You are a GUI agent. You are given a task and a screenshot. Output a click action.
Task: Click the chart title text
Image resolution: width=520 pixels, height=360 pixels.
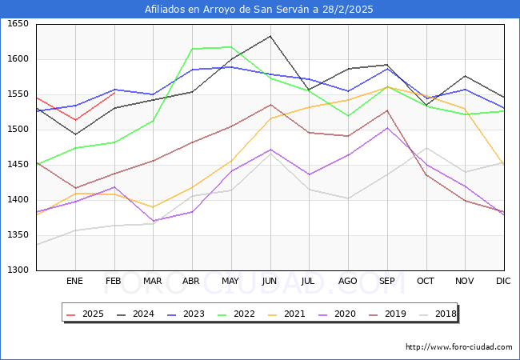259,10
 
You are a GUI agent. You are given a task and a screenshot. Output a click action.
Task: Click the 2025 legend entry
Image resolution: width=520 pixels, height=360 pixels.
84,314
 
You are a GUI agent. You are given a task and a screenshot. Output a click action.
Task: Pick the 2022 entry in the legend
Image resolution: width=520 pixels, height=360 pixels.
238,314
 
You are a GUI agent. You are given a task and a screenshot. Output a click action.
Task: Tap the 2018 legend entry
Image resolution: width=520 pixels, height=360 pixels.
437,314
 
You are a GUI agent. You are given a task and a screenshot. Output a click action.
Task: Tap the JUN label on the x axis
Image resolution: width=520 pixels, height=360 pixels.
270,282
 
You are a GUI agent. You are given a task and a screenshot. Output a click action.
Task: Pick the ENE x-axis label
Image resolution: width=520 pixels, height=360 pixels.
74,282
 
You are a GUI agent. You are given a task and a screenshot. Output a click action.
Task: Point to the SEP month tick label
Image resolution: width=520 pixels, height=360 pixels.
387,282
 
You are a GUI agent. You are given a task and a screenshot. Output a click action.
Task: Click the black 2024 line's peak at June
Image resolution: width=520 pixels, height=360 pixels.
270,36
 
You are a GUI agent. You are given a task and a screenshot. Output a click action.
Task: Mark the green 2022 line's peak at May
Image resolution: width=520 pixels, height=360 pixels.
231,46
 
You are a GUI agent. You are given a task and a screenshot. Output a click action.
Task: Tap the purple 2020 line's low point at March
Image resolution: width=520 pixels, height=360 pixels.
153,221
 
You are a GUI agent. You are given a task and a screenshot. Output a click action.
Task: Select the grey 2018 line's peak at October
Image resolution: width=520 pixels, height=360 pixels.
426,148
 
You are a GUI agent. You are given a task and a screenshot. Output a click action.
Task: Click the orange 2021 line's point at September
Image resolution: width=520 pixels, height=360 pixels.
387,86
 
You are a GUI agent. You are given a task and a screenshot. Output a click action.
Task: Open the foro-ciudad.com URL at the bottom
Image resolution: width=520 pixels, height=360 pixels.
458,347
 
